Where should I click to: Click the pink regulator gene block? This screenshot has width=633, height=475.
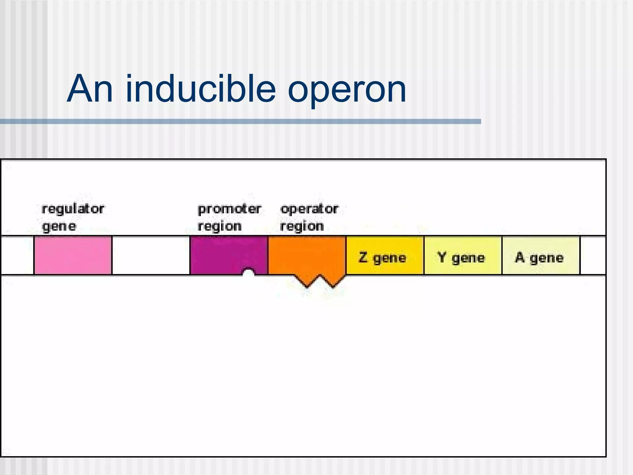(73, 255)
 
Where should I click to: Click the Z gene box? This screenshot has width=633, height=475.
(385, 255)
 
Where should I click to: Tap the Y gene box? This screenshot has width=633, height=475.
(463, 255)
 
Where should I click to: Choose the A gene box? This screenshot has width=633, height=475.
(541, 255)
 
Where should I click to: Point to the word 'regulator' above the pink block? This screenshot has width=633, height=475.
(73, 209)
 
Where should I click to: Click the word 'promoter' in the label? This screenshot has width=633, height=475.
(229, 209)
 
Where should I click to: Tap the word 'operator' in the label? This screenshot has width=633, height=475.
(309, 209)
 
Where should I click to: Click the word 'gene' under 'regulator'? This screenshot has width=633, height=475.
(59, 227)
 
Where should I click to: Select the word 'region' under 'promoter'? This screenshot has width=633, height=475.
(219, 226)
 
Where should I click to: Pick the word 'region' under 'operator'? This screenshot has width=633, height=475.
(302, 226)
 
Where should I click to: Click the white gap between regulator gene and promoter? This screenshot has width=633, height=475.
(151, 255)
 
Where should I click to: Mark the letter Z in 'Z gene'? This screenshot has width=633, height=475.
(363, 257)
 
